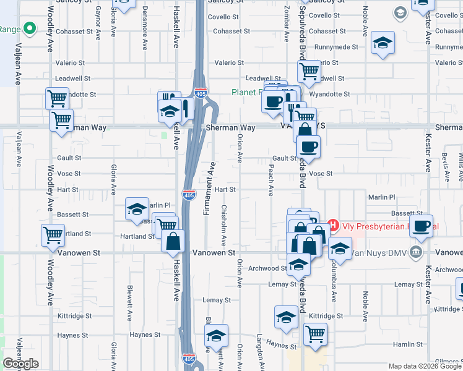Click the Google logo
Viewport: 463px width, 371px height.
[20, 364]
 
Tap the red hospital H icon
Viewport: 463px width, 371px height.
[332, 226]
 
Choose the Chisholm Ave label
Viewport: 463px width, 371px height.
[224, 224]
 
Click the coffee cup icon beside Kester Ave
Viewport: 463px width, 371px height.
[422, 226]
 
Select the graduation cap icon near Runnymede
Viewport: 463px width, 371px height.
[383, 43]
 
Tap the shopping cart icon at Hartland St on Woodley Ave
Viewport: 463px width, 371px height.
[53, 234]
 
